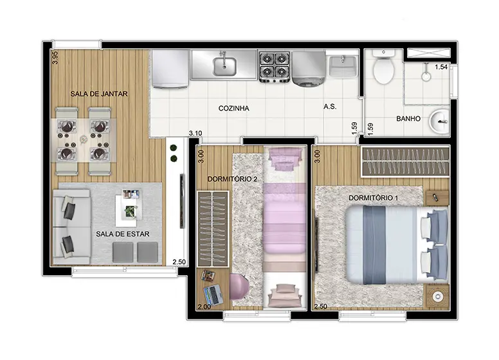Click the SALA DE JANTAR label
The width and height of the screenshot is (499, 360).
[x=99, y=94]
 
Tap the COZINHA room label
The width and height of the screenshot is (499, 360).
[x=233, y=108]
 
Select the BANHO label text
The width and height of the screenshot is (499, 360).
[x=408, y=119]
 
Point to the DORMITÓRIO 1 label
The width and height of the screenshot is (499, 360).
[x=374, y=198]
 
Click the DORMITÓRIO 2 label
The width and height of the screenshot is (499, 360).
[x=232, y=179]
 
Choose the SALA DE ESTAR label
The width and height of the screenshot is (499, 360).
[x=123, y=234]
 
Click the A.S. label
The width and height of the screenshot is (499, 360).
[x=330, y=107]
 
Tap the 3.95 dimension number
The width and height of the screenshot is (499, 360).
[x=55, y=58]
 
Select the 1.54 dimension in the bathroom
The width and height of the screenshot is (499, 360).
[x=441, y=67]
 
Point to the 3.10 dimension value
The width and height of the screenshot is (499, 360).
[x=195, y=133]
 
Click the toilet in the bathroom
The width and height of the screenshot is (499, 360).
[x=383, y=66]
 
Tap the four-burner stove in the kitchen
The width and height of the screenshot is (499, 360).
[x=275, y=67]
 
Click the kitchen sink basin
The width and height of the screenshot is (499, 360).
[x=224, y=66]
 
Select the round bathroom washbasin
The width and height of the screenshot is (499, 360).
[x=439, y=121]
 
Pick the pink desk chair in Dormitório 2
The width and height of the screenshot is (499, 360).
[x=239, y=287]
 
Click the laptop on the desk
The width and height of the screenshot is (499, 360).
[x=213, y=294]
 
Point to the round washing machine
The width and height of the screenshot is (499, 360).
[x=308, y=69]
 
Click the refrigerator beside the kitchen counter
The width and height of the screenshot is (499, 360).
[x=170, y=69]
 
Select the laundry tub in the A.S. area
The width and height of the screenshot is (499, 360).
[x=343, y=66]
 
